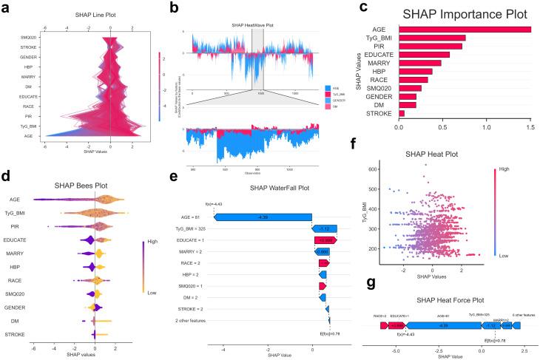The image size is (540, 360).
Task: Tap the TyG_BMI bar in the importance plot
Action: click(432, 37)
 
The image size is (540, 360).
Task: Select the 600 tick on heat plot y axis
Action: click(376, 169)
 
